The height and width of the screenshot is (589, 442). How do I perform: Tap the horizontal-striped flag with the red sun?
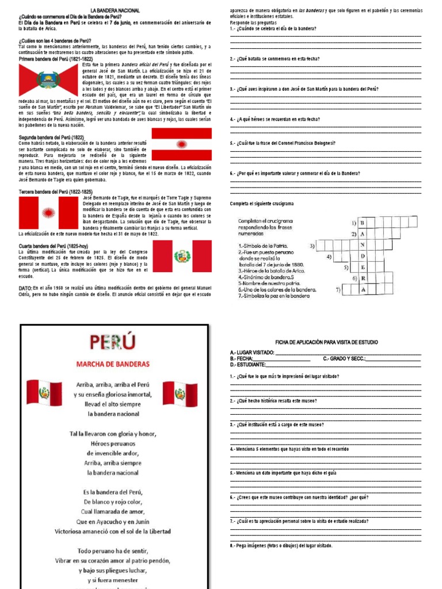181,144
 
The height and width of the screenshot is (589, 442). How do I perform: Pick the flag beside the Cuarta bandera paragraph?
182,256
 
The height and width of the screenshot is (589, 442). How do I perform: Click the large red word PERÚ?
113,343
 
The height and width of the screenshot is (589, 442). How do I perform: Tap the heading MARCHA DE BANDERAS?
113,364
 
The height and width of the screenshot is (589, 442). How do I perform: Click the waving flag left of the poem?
44,393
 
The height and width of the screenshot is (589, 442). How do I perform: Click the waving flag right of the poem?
180,393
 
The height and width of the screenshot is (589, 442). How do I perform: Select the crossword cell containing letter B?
363,223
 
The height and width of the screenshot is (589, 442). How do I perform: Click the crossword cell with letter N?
363,245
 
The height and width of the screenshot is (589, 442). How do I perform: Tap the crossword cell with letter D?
363,256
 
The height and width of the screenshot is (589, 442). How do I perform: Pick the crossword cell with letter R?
363,278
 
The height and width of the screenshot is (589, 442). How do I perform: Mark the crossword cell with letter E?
363,267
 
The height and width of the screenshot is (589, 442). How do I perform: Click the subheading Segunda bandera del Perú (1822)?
52,137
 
